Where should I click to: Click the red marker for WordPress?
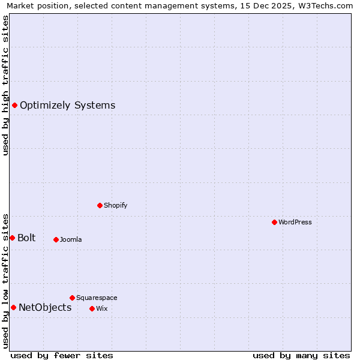click(x=274, y=222)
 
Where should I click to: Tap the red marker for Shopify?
click(x=100, y=205)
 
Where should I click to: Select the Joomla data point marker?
click(x=56, y=239)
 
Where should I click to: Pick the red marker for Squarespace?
click(x=72, y=298)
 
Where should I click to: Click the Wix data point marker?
click(x=92, y=308)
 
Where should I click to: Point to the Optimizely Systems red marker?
click(x=14, y=106)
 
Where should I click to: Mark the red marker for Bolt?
click(x=12, y=238)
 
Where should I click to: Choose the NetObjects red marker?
click(x=13, y=308)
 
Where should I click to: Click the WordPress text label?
click(x=295, y=222)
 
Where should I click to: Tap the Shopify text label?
click(x=116, y=205)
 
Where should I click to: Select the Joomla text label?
click(x=71, y=239)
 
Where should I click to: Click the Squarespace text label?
click(x=97, y=298)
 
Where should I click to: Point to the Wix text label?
click(x=101, y=308)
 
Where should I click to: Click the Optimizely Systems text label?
click(x=68, y=106)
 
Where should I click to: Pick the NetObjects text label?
click(x=45, y=308)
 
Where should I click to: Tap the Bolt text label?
click(x=26, y=238)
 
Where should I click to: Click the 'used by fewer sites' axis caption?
click(x=62, y=355)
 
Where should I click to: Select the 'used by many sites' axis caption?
click(x=301, y=355)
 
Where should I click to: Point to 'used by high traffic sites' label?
click(x=6, y=85)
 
